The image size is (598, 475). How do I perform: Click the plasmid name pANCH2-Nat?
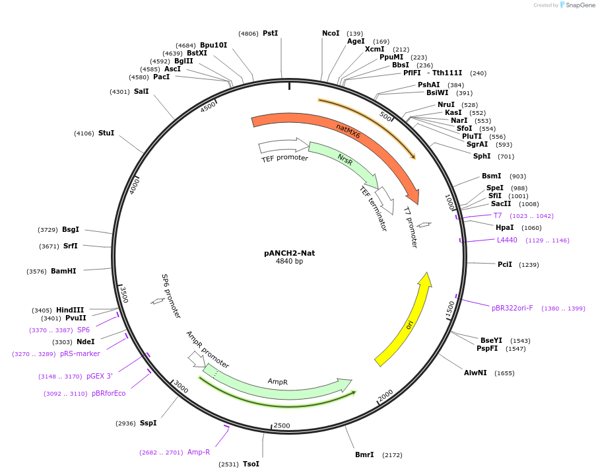(x=289, y=252)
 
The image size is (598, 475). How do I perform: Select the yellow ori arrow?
(x=404, y=321)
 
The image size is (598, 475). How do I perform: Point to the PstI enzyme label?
(x=270, y=33)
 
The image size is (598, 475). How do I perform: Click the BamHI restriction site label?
(x=63, y=271)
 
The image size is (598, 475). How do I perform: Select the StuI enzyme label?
(x=106, y=133)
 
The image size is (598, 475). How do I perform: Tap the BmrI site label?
(x=364, y=455)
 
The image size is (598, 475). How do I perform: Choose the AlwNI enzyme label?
(x=475, y=373)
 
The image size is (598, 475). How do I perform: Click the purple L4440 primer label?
(x=507, y=240)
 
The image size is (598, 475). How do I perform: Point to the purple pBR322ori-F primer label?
(x=512, y=308)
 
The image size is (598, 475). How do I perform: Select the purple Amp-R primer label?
(x=198, y=452)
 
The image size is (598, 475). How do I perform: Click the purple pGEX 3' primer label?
(x=99, y=376)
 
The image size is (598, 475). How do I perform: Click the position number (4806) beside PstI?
(x=249, y=34)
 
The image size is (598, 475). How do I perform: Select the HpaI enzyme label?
(x=505, y=227)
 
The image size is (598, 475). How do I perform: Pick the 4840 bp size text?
(x=289, y=261)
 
